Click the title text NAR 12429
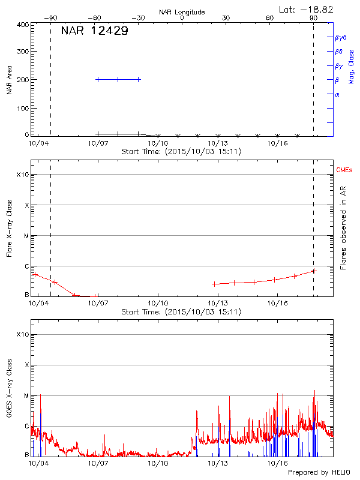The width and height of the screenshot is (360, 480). click(x=94, y=31)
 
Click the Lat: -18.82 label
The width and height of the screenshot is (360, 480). click(x=306, y=9)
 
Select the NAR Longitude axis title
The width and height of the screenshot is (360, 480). click(x=182, y=12)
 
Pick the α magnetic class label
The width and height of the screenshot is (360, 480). click(x=337, y=95)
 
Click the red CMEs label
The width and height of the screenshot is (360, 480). click(x=344, y=171)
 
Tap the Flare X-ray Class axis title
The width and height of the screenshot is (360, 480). click(x=10, y=228)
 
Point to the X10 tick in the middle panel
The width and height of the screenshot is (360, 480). click(x=23, y=175)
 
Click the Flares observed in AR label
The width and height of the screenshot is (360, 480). click(x=344, y=228)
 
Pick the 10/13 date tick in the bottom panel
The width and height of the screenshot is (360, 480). click(x=217, y=464)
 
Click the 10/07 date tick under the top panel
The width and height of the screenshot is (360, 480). click(x=98, y=144)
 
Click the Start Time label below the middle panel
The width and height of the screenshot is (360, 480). click(x=181, y=312)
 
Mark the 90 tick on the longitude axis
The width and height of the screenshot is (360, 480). click(x=313, y=18)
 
